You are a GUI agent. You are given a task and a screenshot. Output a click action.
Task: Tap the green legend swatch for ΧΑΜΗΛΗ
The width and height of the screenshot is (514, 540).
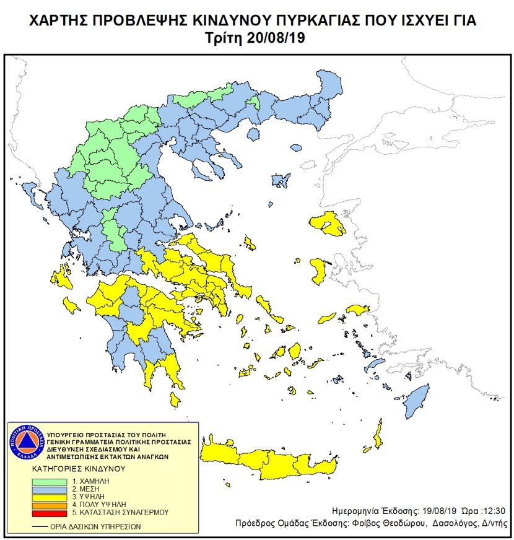click(53, 481)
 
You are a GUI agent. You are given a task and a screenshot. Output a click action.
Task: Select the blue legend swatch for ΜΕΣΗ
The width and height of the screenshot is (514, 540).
click(53, 489)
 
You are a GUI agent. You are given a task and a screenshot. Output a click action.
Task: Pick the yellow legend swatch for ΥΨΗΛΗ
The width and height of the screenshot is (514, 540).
click(53, 497)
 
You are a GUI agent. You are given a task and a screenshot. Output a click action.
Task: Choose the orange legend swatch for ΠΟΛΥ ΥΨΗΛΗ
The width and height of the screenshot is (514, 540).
click(53, 505)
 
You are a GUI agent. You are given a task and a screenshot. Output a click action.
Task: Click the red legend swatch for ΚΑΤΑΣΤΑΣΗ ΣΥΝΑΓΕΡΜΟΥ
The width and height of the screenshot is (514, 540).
click(53, 513)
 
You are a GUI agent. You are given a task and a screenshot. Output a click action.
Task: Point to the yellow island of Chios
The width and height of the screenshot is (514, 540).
click(320, 271)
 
